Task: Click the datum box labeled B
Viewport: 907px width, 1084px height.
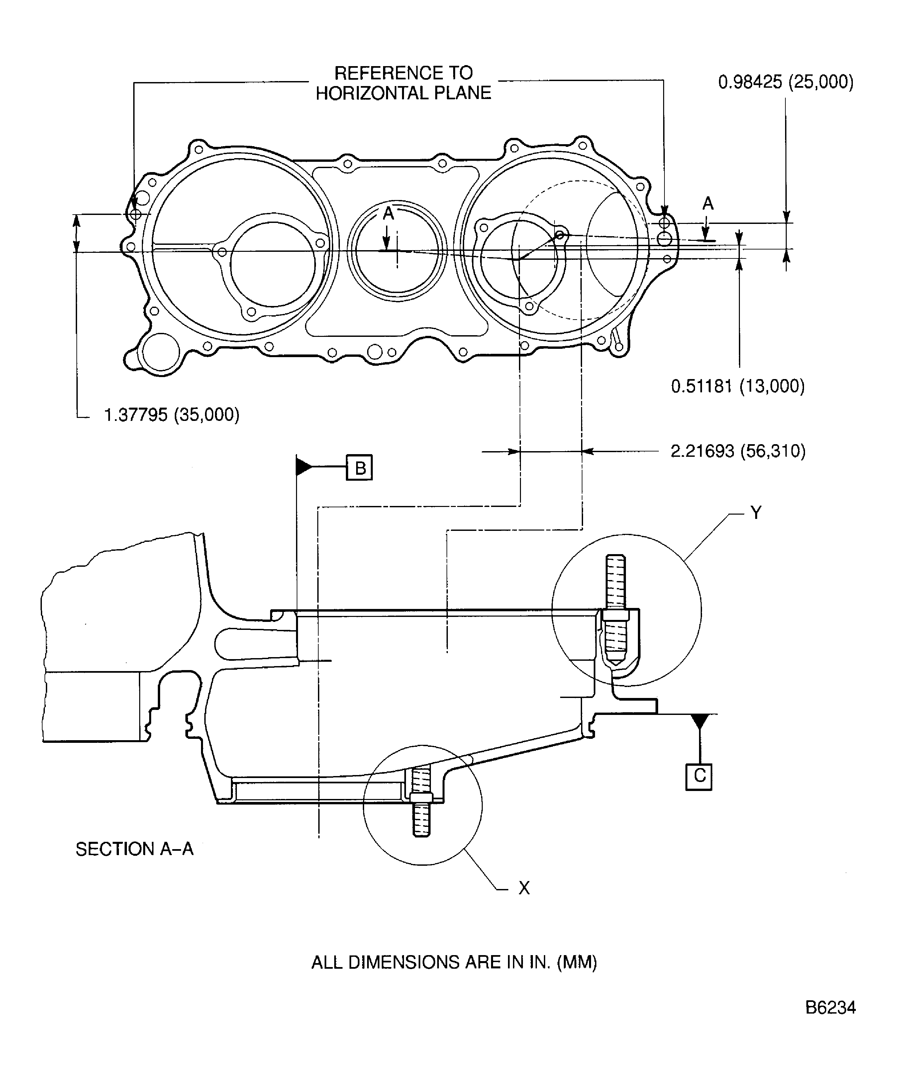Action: tap(359, 468)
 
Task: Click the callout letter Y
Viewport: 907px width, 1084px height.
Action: tap(756, 513)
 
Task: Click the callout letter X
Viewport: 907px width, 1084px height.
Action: tap(524, 888)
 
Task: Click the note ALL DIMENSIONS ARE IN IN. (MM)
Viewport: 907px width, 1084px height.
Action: tap(454, 962)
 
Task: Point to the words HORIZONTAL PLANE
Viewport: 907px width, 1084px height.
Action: tap(404, 93)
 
